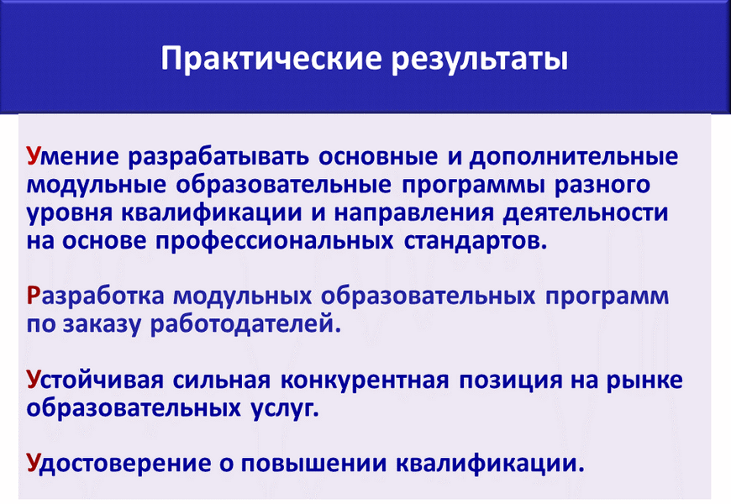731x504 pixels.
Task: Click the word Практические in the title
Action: coord(271,59)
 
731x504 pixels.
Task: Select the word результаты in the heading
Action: coord(479,60)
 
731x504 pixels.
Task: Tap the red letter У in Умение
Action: coord(34,156)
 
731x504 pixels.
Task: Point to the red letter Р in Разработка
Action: coord(33,296)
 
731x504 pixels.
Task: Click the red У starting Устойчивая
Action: coord(34,380)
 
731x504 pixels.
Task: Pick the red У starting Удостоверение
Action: coord(34,463)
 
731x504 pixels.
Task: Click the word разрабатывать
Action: coord(218,157)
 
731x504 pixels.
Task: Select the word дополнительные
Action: coord(573,157)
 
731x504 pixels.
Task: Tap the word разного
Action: coord(602,186)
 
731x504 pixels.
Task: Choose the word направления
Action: coord(413,213)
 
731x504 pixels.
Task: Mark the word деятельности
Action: coord(586,213)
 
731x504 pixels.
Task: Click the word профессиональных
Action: coord(275,242)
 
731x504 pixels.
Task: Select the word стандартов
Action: coord(474,242)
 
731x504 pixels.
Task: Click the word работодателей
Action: coord(245,324)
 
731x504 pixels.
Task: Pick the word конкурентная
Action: coord(365,381)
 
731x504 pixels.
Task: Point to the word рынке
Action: coord(644,381)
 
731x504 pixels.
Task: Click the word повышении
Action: coord(313,464)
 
